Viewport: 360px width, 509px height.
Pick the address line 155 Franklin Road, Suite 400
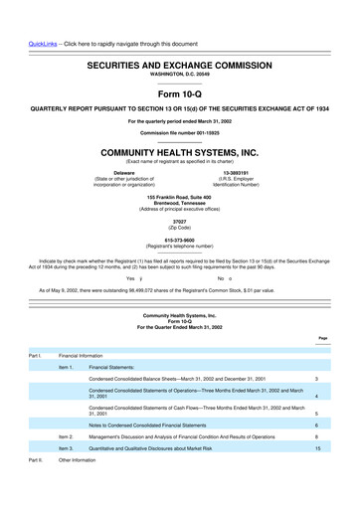(x=179, y=199)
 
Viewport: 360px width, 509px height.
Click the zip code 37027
(x=179, y=222)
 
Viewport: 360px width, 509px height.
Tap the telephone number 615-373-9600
(x=179, y=239)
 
